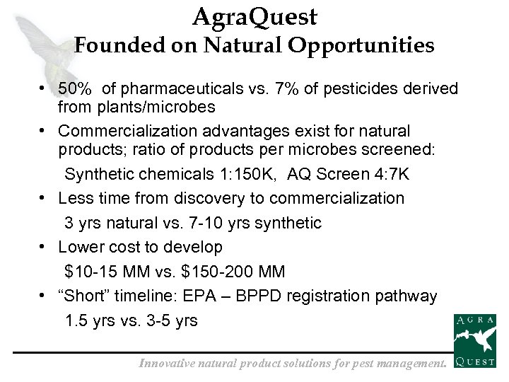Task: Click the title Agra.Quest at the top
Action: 254,17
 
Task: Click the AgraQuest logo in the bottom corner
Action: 474,342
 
